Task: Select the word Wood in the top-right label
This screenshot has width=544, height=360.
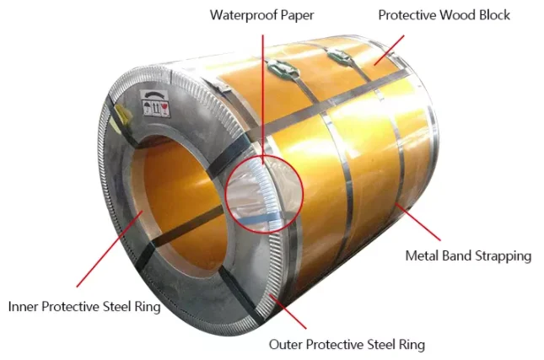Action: (455, 14)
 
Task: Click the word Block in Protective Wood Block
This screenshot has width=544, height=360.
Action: (493, 14)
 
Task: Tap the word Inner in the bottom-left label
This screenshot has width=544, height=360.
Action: (24, 305)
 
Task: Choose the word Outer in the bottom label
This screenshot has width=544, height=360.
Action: (286, 344)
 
